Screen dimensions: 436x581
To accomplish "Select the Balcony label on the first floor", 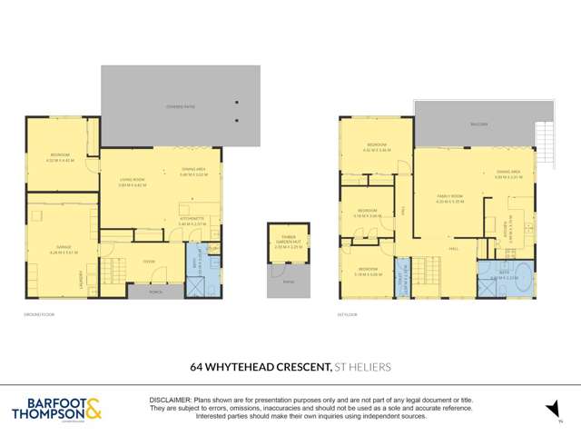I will coord(479,124).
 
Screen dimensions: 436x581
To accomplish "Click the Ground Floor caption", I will coord(40,314).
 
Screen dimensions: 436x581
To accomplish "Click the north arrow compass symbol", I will coord(550,411).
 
